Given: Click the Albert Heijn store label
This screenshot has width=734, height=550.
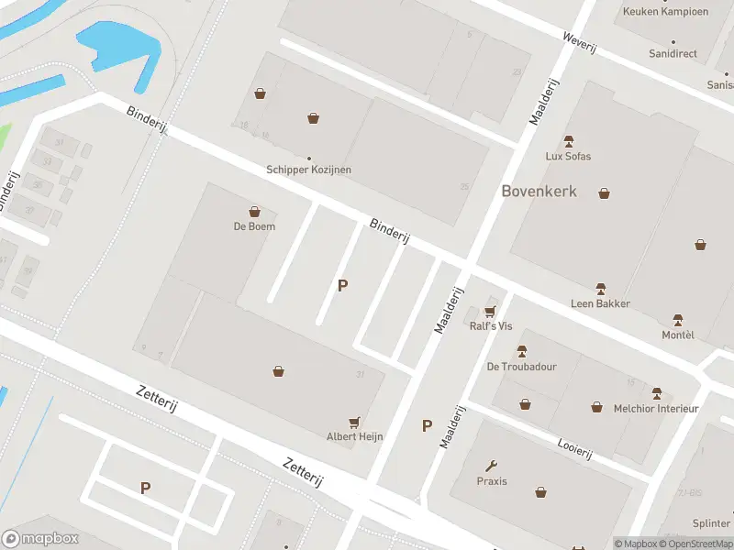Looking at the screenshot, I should coord(355,436).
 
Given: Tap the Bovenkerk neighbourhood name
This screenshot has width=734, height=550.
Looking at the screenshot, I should coord(539,191).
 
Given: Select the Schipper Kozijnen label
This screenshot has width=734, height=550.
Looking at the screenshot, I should coord(308,170).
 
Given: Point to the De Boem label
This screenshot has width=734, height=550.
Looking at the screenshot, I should coord(254,225).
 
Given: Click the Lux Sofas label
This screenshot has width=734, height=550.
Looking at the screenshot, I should coord(568,156).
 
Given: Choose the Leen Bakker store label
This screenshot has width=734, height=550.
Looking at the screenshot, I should coord(601,303).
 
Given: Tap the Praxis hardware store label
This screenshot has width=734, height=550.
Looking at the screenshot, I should coord(492,481).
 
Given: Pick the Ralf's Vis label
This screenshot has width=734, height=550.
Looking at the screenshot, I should coord(491,325).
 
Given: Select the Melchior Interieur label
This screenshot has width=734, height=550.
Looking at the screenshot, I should coord(656,408).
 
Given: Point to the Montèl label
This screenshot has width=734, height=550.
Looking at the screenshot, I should coord(678,335).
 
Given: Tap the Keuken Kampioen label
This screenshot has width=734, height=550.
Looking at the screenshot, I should coord(665,12).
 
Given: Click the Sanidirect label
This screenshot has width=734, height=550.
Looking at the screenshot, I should coord(673,54).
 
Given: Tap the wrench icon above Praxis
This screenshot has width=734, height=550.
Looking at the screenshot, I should coord(492,466).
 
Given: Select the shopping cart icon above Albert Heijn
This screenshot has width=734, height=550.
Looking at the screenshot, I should coord(355,421).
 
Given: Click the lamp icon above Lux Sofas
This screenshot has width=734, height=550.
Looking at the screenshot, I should coord(568,141).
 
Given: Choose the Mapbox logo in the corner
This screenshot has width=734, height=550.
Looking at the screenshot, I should coord(40,538).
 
